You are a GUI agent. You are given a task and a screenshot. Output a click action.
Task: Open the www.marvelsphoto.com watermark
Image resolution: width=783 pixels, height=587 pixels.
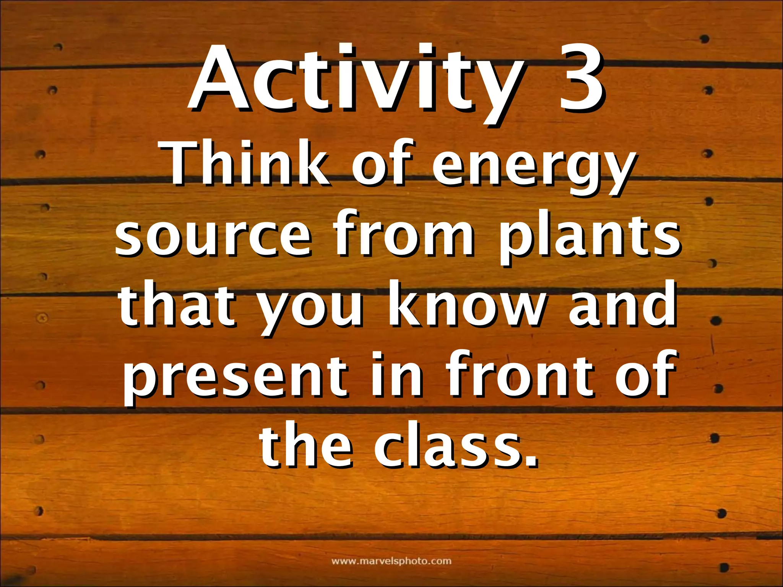[x=391, y=561]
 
